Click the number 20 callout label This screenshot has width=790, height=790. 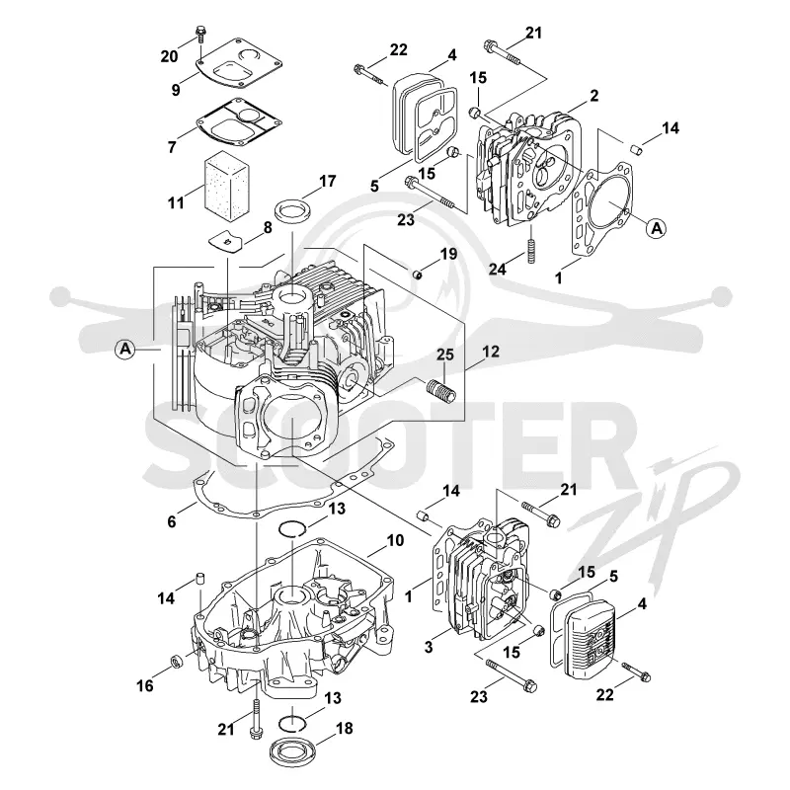click(169, 56)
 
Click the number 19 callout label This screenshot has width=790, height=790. click(448, 254)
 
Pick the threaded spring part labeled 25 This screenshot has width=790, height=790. click(441, 390)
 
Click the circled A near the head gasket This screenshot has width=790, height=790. click(657, 228)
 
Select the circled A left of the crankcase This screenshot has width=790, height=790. click(125, 349)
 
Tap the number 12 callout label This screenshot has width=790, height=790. click(490, 352)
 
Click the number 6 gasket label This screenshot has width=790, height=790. click(171, 521)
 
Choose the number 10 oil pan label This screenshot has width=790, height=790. click(396, 540)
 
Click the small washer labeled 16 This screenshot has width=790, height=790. click(177, 661)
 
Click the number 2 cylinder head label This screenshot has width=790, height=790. click(594, 95)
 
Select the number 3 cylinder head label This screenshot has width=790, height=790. click(429, 647)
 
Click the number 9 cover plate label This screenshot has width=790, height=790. click(176, 90)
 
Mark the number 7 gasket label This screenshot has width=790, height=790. click(172, 147)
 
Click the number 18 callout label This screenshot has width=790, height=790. click(344, 728)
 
